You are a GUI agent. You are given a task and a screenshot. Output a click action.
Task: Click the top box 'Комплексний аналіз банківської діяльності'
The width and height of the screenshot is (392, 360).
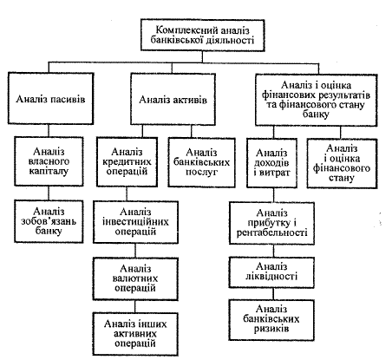coord(202,36)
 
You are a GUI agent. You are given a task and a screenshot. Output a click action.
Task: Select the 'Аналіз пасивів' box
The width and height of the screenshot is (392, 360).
coord(50,99)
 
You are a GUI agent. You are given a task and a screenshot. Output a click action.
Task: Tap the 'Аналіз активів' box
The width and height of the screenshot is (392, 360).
coord(173,99)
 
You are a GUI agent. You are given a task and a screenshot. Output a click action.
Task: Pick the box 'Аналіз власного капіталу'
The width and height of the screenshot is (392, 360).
coord(49,161)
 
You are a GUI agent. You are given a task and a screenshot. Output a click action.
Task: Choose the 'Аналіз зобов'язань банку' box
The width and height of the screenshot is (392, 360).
coord(49,221)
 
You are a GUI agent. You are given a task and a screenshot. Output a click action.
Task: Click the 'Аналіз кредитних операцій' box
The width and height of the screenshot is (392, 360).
coord(127,162)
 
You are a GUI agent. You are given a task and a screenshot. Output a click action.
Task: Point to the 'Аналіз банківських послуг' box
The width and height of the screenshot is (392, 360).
coord(201,162)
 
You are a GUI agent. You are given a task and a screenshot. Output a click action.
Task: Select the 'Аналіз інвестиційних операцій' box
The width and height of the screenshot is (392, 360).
coord(135,222)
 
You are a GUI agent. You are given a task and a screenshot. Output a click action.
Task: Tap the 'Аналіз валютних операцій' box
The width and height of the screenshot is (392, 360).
coord(135,278)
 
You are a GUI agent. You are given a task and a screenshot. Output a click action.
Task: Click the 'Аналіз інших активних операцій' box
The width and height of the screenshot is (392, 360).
coord(135,334)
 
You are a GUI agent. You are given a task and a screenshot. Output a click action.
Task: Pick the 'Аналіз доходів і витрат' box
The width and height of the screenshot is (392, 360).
coord(271,163)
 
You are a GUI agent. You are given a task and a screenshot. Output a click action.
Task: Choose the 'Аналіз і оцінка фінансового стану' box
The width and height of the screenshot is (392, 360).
coord(342,164)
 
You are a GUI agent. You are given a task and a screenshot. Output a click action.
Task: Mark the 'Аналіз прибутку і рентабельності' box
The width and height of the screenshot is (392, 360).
coord(271,223)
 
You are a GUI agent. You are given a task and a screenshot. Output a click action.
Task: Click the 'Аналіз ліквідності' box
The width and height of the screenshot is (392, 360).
coord(271,272)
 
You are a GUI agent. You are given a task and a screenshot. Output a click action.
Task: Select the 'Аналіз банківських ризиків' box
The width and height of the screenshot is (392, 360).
coord(271,320)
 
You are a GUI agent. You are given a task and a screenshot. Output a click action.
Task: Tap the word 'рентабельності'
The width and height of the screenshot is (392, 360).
coord(271,232)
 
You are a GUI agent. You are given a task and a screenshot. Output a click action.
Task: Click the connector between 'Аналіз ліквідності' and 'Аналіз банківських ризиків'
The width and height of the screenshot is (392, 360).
coord(273,294)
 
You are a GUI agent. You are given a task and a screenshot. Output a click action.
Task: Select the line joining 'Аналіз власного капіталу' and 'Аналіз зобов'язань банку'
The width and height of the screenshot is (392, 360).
coord(49,193)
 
